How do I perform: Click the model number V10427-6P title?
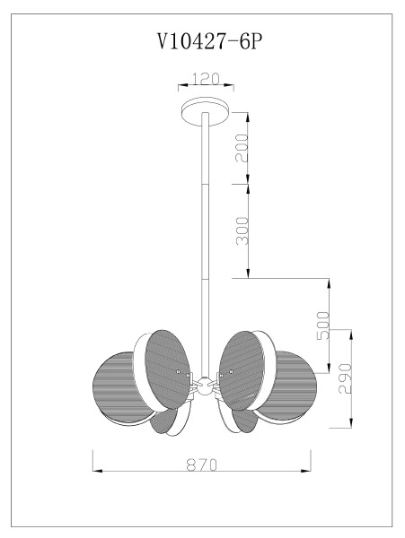pos(209,42)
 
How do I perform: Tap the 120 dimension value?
pos(206,79)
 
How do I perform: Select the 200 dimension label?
pos(242,148)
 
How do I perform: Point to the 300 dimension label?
pos(242,230)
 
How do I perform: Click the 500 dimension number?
pos(323,325)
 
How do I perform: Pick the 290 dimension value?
pos(345,378)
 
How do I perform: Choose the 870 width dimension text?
pos(202,464)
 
